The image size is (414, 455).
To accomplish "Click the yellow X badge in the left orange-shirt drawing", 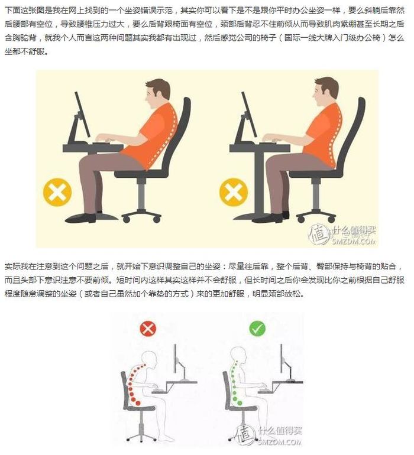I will pyautogui.click(x=57, y=193).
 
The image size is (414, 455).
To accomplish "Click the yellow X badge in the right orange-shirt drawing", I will pyautogui.click(x=233, y=193).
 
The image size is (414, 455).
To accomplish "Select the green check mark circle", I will pyautogui.click(x=257, y=329).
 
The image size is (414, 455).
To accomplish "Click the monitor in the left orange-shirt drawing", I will pyautogui.click(x=81, y=115).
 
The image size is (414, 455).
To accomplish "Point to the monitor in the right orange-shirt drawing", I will pyautogui.click(x=249, y=115).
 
